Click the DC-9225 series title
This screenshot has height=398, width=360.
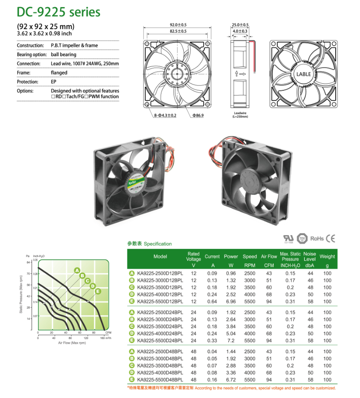(58, 12)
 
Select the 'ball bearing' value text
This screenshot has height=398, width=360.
(63, 54)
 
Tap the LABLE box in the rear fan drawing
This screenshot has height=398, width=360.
(303, 74)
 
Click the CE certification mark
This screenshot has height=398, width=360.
(330, 239)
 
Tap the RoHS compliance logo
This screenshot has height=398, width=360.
(317, 239)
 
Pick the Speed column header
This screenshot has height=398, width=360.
(250, 256)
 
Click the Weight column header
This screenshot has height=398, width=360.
(327, 256)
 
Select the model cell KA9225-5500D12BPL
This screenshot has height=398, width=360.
(160, 301)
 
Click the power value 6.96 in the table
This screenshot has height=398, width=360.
(231, 301)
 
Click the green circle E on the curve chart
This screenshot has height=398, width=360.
(98, 291)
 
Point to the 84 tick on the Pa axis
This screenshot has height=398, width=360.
(29, 263)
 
